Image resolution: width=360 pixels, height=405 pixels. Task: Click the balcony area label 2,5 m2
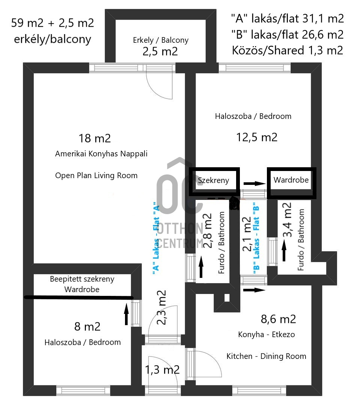160,51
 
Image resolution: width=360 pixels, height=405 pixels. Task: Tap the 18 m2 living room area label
95,138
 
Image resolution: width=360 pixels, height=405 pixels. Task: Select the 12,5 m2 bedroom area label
257,137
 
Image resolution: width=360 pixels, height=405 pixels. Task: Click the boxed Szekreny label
213,180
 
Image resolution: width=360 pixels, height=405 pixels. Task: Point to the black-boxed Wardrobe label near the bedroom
291,180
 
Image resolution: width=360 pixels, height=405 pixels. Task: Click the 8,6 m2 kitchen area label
278,319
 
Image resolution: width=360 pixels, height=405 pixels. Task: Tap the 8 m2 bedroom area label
87,327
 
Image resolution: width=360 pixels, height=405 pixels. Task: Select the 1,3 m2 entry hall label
162,370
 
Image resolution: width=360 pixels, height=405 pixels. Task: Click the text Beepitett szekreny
82,279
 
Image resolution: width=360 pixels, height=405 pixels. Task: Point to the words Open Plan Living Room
96,175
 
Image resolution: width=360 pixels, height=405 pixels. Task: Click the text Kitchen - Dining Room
266,356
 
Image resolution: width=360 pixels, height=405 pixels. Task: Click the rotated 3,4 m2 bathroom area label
287,220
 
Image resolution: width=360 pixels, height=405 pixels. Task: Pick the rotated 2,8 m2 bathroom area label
208,231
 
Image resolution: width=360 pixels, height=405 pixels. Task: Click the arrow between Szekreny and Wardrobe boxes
255,184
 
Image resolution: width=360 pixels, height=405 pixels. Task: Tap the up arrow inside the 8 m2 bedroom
126,314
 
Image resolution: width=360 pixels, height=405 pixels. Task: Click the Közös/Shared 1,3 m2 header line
288,50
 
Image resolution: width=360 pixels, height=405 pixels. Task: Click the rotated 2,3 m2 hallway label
161,307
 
